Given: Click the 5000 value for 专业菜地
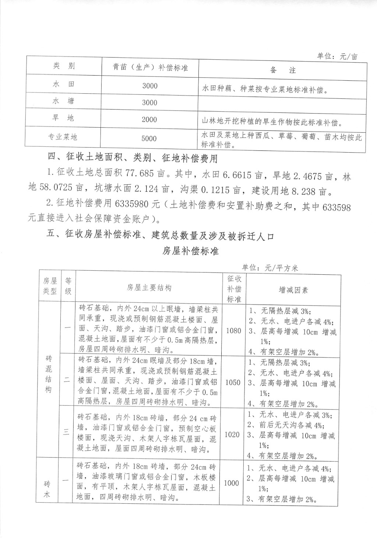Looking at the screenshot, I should coord(149,139).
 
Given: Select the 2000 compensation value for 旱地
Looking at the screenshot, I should coord(149,120).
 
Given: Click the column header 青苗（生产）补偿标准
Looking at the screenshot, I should coord(150,68).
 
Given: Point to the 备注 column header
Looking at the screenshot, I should coord(283,70).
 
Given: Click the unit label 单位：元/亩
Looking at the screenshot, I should coord(337,56).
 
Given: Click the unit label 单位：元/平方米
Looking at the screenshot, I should coord(270,268).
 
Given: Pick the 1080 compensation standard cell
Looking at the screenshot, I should coord(233,330).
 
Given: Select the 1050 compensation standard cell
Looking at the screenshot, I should coord(233,382).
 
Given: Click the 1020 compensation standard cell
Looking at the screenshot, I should coord(232,435).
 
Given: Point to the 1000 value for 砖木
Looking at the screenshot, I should coord(231,483).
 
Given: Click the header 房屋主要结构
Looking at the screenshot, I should coord(149,288).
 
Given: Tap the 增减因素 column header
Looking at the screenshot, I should coord(293,290).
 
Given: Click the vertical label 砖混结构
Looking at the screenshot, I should coord(49,374).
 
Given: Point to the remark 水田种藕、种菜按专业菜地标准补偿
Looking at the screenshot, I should coord(265,90).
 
